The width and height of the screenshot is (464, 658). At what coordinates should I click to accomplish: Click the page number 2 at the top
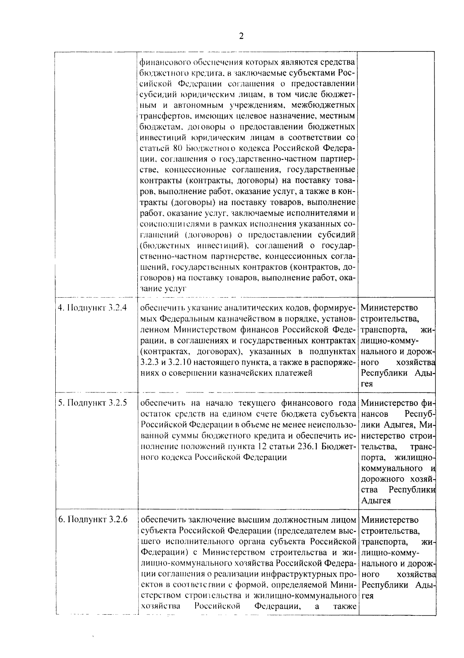[x=241, y=36]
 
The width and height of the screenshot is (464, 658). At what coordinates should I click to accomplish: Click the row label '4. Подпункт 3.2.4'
[x=92, y=308]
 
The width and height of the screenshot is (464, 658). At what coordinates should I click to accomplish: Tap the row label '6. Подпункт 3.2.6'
[x=93, y=519]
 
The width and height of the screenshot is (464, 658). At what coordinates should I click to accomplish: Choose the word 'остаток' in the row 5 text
[x=153, y=414]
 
